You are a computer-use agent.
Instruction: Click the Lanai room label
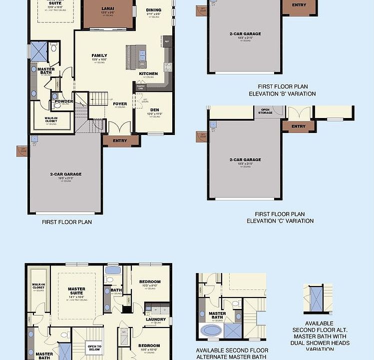coord(107,9)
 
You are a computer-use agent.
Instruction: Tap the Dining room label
coord(153,10)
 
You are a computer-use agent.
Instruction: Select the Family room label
coord(99,55)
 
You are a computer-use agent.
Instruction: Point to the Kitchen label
coord(148,73)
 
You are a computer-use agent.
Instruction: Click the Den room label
coord(154,109)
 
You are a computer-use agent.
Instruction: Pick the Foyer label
coord(120,104)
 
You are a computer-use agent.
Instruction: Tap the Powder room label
coord(64,101)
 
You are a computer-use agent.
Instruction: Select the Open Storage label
coord(265,111)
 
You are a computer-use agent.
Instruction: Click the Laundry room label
coord(156,319)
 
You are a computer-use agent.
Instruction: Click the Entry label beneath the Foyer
coord(120,140)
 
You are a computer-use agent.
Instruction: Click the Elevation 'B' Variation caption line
coord(282,93)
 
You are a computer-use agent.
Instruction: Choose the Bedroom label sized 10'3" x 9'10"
coord(150,281)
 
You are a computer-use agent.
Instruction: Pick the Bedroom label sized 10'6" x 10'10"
coord(149,345)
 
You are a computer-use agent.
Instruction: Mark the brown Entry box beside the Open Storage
coord(298,126)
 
